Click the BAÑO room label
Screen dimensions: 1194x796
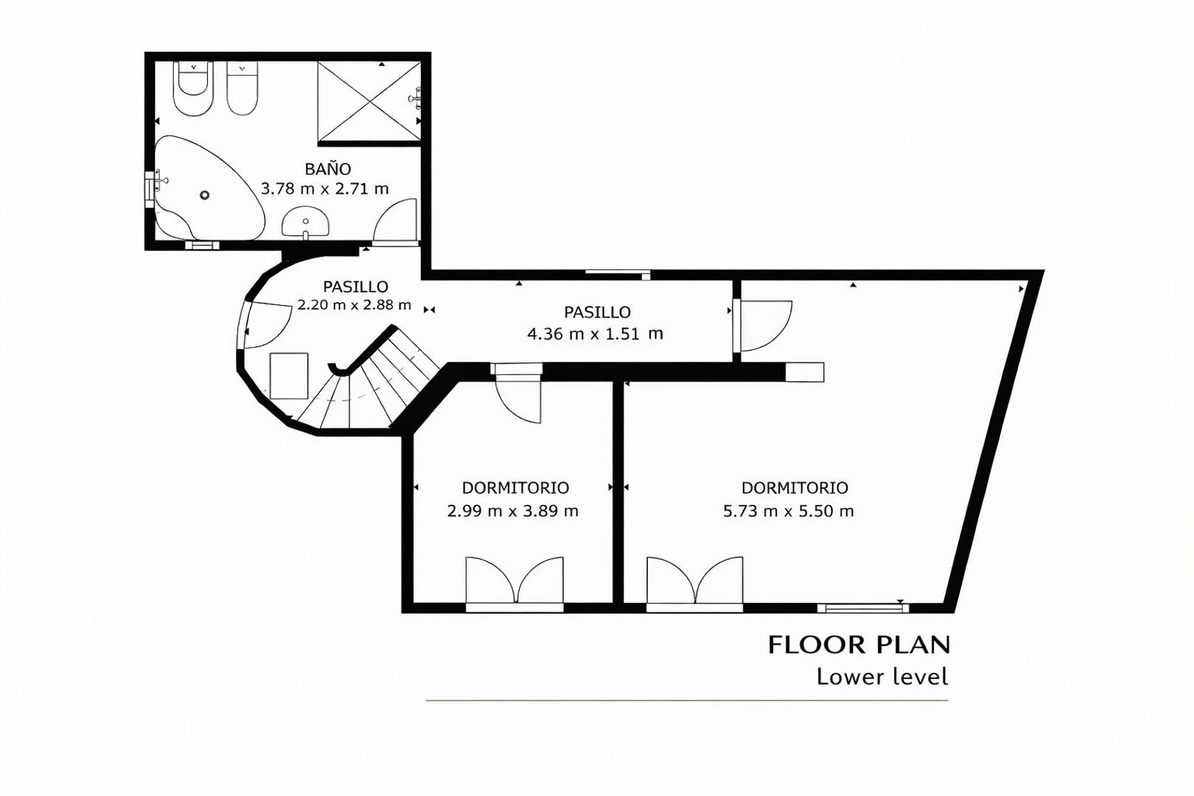click(328, 169)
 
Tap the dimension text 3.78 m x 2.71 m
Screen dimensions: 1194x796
click(324, 189)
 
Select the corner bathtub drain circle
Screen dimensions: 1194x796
click(204, 195)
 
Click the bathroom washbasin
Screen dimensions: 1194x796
click(305, 223)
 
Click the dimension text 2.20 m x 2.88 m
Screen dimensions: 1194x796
click(355, 305)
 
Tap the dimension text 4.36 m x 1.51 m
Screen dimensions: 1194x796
click(595, 334)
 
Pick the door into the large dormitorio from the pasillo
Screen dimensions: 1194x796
click(763, 327)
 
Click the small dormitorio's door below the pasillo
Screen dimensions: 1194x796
click(516, 394)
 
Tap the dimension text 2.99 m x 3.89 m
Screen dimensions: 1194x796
click(513, 512)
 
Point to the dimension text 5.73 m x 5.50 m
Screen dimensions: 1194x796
click(789, 512)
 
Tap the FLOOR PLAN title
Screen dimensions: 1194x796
click(859, 645)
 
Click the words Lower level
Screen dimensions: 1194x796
click(883, 677)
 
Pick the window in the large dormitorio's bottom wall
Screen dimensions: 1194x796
click(864, 608)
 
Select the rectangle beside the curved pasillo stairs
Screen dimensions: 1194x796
click(289, 375)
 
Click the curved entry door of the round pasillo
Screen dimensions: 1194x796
click(267, 325)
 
